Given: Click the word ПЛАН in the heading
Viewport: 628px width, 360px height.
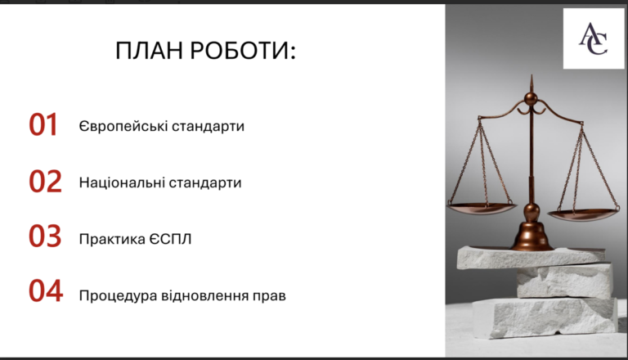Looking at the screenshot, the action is coord(149,51).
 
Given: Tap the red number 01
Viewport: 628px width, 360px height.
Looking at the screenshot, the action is coord(43,124).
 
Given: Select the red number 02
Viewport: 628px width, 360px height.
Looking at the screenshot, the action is coord(45,181).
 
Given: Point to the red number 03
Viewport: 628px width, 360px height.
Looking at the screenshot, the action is coord(45,236).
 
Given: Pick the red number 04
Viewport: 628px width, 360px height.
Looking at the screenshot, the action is coord(46,290).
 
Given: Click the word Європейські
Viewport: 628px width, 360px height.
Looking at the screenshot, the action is coord(123,126).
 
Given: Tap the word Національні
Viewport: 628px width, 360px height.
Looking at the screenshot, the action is coord(122,182).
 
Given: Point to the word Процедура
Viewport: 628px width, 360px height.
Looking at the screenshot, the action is coord(118,296).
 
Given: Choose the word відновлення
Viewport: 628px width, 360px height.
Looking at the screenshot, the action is coord(204,296).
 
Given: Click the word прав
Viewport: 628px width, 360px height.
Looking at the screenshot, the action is coord(269,297).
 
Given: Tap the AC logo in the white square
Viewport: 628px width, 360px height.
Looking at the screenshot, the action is coord(593,38).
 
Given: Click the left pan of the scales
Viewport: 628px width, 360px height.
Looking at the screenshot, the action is coord(482,207).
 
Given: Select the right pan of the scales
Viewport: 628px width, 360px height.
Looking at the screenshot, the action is coord(583,214).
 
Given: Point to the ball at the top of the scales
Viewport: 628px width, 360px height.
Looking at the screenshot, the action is coord(531,99).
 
